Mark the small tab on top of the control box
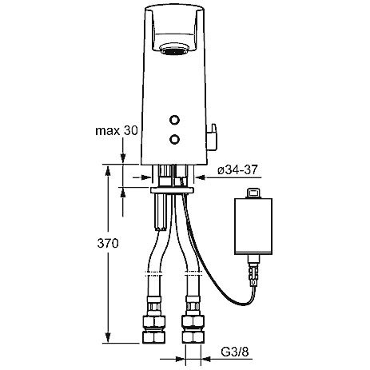(253, 193)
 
